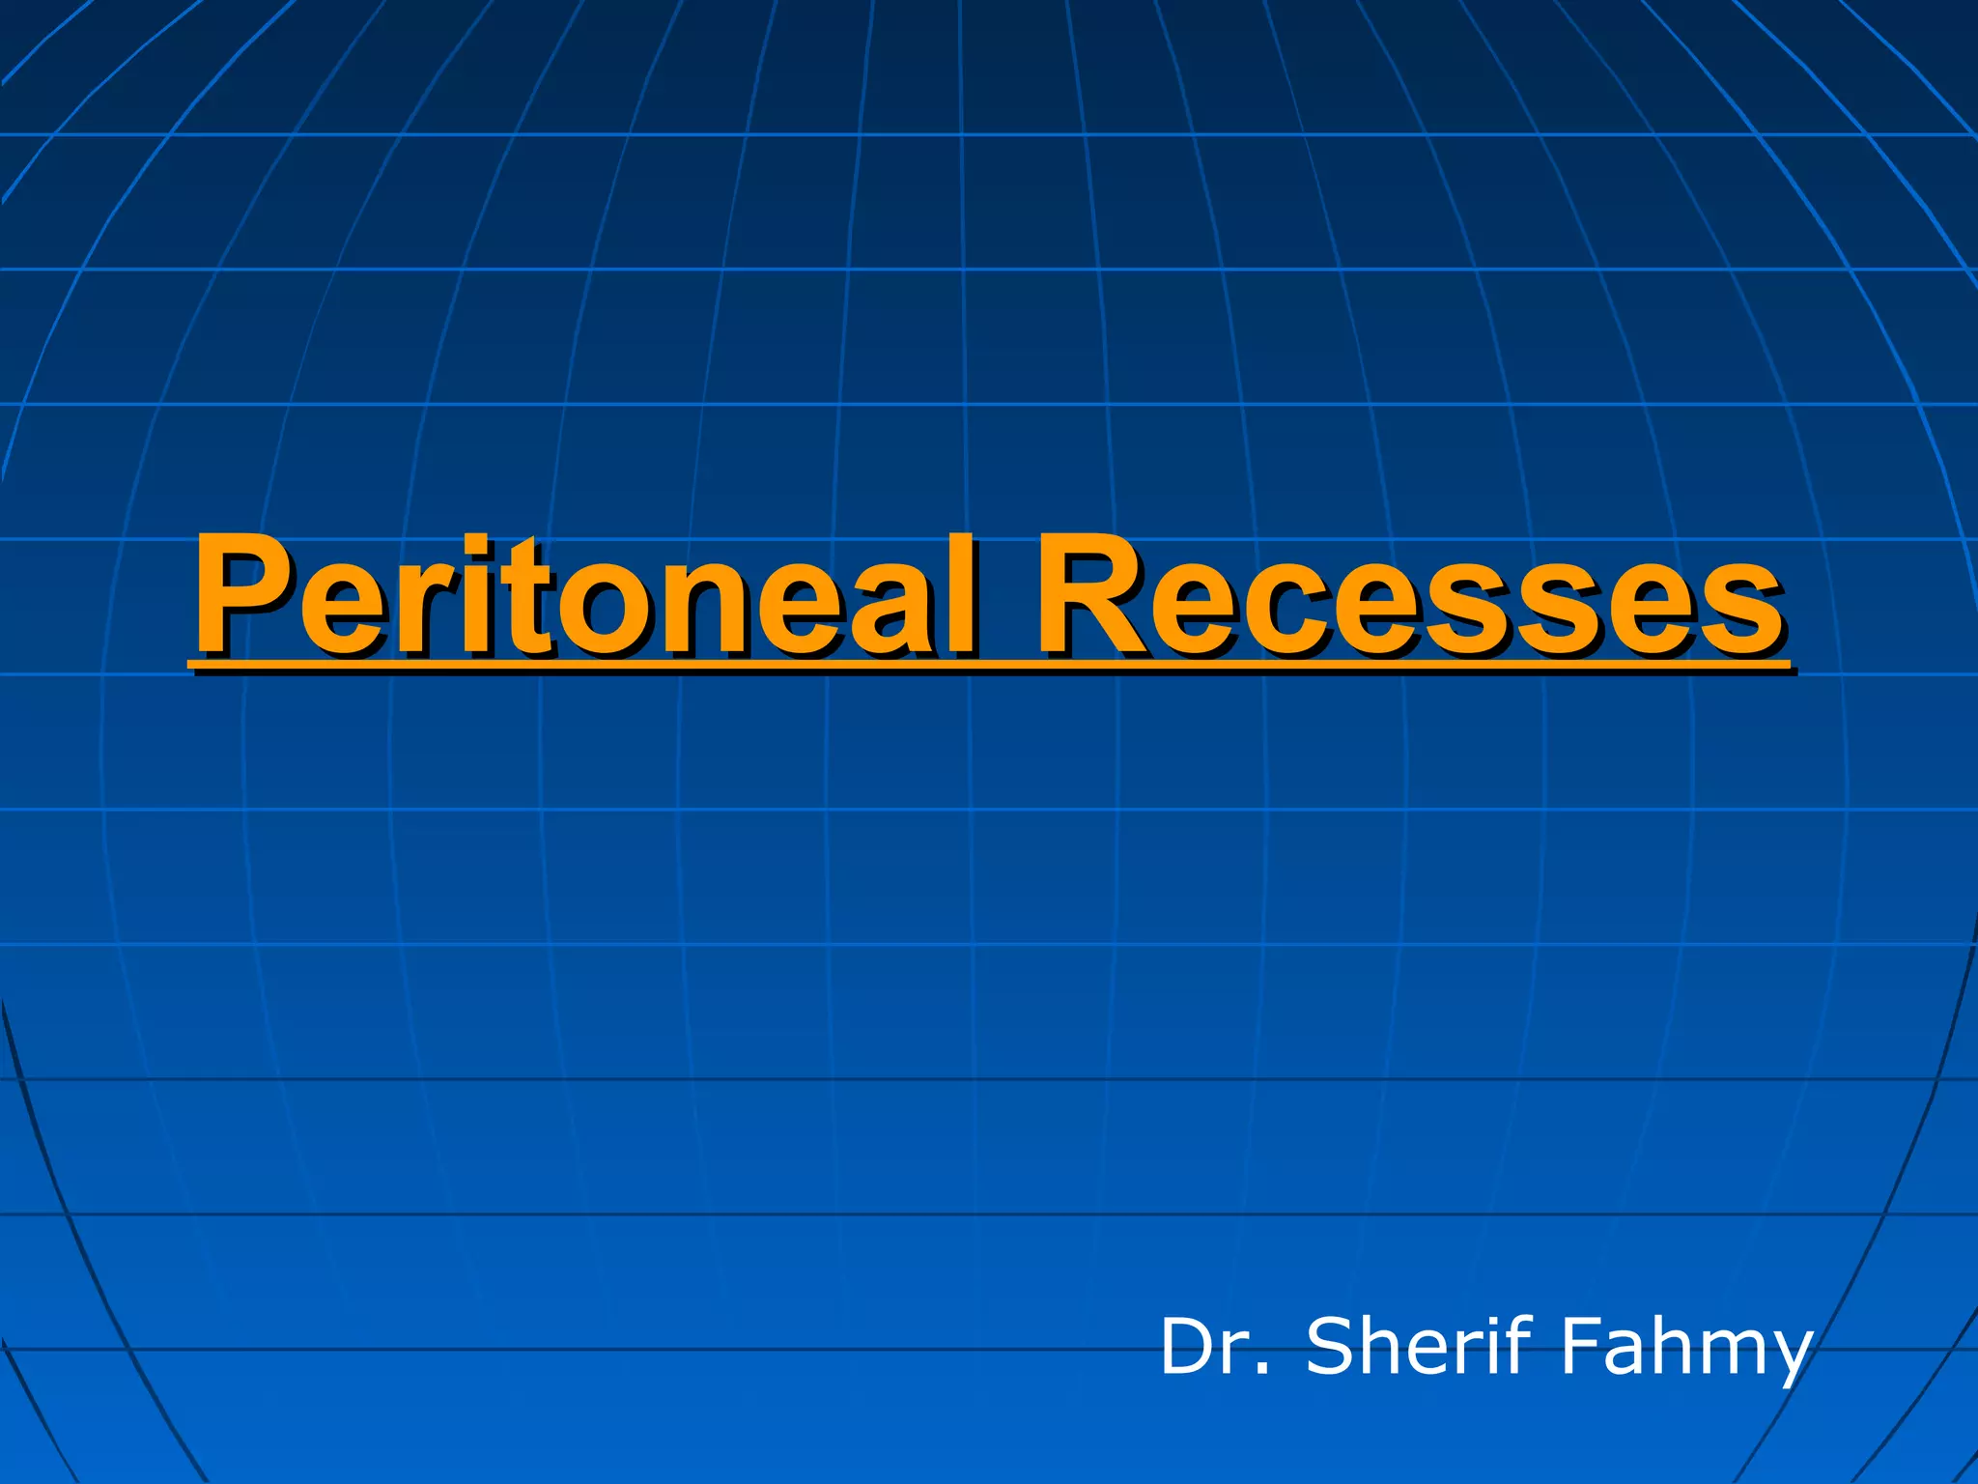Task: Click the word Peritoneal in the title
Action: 585,596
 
